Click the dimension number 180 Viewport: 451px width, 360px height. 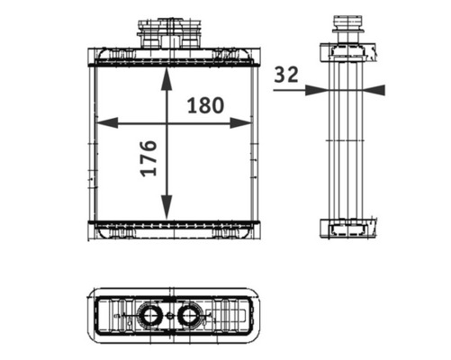(205, 104)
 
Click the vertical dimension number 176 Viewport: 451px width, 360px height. (149, 157)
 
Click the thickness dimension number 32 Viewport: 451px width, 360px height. (286, 76)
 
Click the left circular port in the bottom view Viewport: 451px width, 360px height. (150, 315)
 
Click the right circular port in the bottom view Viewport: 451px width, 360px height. (189, 315)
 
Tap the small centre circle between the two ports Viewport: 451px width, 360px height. (170, 315)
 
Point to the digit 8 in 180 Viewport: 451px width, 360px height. (205, 104)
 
